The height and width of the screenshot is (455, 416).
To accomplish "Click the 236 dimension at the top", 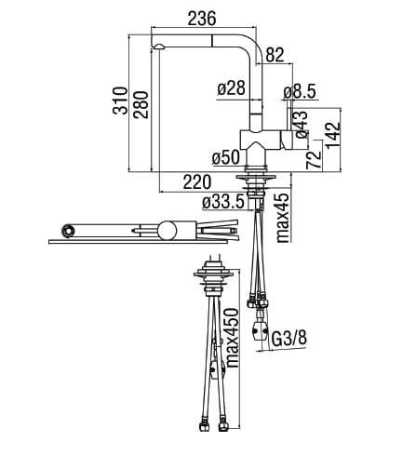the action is pyautogui.click(x=202, y=19).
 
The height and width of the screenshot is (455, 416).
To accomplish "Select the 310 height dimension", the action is pyautogui.click(x=120, y=100).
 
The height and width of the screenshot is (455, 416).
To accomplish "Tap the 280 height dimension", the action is pyautogui.click(x=141, y=104).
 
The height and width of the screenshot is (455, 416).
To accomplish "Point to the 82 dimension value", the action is pyautogui.click(x=275, y=55).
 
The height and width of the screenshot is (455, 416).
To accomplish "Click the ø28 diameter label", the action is pyautogui.click(x=232, y=88).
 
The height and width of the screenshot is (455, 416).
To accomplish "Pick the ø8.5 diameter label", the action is pyautogui.click(x=300, y=92).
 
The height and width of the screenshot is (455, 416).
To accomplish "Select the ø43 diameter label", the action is pyautogui.click(x=302, y=125).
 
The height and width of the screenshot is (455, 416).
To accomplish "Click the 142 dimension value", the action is pyautogui.click(x=333, y=135).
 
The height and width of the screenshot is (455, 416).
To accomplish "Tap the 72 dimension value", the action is pyautogui.click(x=314, y=159).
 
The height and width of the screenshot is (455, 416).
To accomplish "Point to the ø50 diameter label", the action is pyautogui.click(x=226, y=157).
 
